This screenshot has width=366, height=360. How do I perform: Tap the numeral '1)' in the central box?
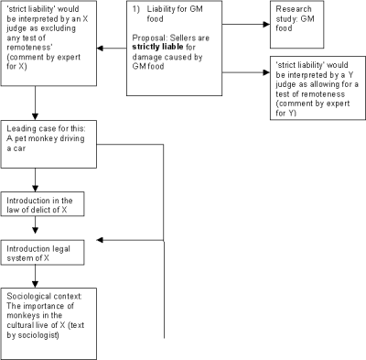[137, 9]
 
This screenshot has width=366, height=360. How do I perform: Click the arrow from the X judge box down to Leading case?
[35, 115]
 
